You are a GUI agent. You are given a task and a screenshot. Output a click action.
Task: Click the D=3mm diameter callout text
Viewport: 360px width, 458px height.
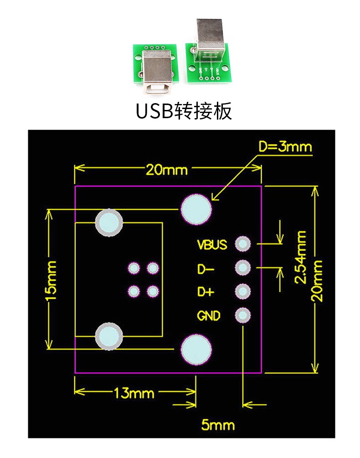[x=285, y=147]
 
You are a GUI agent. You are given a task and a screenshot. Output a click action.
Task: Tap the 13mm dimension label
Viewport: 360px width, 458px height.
[x=134, y=392]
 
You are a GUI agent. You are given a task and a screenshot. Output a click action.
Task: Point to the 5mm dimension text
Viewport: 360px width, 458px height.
[x=218, y=426]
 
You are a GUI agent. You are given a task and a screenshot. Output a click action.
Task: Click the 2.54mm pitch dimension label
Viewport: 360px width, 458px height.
[x=300, y=257]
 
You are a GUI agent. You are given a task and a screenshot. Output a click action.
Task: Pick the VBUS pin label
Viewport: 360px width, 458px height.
[x=212, y=245]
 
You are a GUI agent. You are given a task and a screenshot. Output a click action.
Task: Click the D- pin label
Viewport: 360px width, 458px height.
[x=206, y=269]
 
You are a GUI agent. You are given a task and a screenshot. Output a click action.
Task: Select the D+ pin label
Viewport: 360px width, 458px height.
[x=206, y=292]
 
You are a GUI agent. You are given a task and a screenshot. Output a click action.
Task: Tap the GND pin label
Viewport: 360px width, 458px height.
[x=209, y=316]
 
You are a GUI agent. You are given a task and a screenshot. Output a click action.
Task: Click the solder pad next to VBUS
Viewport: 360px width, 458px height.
[x=243, y=245]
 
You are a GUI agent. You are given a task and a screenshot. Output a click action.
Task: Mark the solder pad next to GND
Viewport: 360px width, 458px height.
[x=243, y=315]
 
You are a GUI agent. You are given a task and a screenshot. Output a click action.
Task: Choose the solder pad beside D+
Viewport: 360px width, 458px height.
[x=243, y=291]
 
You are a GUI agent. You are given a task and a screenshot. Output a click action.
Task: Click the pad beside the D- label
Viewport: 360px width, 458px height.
[x=243, y=268]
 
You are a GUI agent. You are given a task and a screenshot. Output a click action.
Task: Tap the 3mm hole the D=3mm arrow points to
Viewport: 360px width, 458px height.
[x=196, y=209]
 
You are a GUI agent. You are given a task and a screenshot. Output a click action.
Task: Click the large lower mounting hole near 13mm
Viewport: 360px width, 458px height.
[x=196, y=350]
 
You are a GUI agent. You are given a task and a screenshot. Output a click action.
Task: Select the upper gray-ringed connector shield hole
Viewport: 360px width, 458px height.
[x=109, y=223]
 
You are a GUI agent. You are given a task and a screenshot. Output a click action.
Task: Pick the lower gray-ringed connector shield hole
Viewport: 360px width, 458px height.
[x=109, y=337]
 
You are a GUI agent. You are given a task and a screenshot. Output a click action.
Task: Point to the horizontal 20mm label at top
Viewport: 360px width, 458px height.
[x=166, y=170]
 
